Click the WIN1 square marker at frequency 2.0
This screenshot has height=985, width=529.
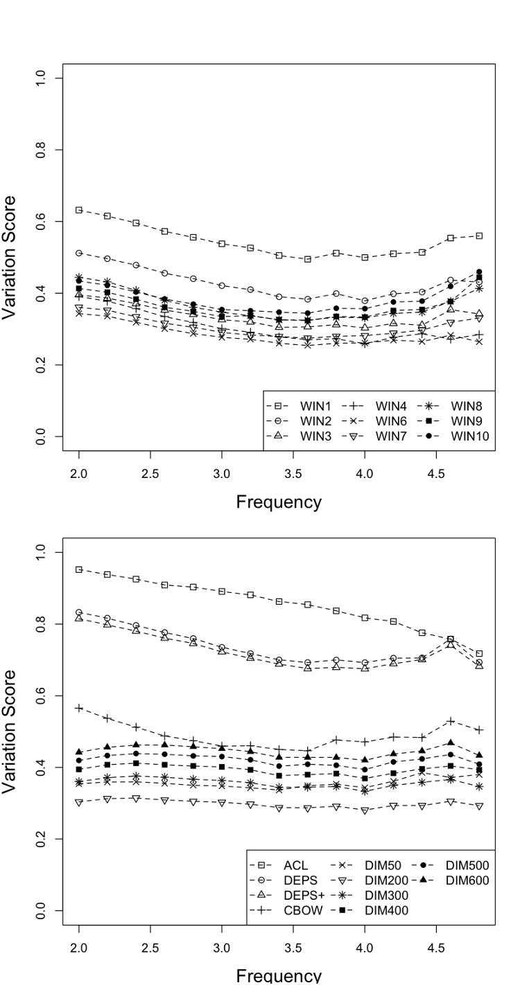coord(79,210)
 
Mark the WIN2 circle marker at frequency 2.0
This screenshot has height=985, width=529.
coord(79,253)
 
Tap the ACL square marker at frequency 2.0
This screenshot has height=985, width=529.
coord(79,569)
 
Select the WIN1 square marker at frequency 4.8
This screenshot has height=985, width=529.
coord(479,236)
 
